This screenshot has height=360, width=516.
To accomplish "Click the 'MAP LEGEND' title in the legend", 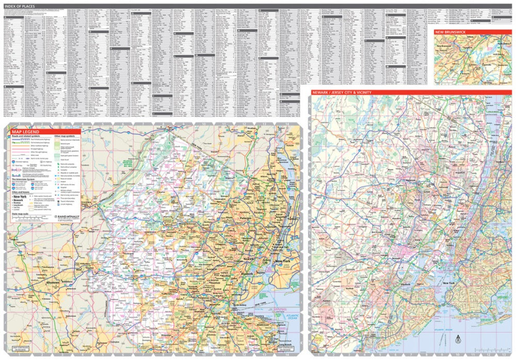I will pos(25,132).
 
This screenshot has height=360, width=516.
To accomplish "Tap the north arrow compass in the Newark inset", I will pos(457,339).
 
